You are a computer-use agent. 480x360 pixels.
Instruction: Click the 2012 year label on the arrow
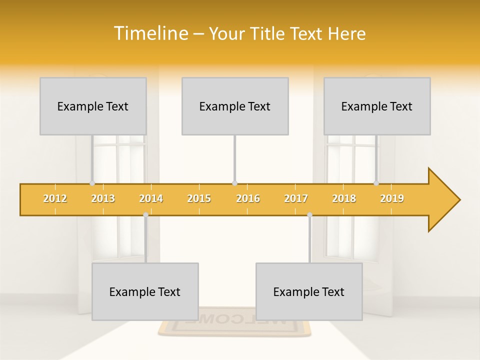pyautogui.click(x=55, y=198)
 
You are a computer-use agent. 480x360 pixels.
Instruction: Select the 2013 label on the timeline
pyautogui.click(x=103, y=198)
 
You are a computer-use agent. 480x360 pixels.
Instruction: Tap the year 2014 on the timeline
pyautogui.click(x=151, y=198)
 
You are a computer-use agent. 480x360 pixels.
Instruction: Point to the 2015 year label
pyautogui.click(x=199, y=198)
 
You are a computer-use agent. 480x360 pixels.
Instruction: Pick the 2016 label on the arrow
pyautogui.click(x=248, y=198)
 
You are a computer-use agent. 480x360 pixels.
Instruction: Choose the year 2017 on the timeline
pyautogui.click(x=296, y=198)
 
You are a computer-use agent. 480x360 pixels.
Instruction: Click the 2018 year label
pyautogui.click(x=344, y=198)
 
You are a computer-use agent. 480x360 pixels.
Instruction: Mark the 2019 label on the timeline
pyautogui.click(x=392, y=198)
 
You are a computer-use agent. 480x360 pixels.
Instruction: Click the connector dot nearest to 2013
pyautogui.click(x=92, y=183)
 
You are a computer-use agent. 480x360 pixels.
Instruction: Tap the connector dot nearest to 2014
pyautogui.click(x=145, y=214)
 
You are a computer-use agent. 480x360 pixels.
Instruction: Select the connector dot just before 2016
pyautogui.click(x=234, y=183)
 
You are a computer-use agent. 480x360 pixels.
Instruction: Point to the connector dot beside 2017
pyautogui.click(x=309, y=214)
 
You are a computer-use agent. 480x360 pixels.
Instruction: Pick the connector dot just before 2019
pyautogui.click(x=376, y=183)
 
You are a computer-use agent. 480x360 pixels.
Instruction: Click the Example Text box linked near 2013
pyautogui.click(x=93, y=106)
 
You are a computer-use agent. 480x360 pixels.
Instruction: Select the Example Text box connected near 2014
pyautogui.click(x=145, y=291)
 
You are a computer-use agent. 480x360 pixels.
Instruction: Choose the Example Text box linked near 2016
pyautogui.click(x=235, y=106)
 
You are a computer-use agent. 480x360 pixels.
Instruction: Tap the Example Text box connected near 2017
pyautogui.click(x=309, y=291)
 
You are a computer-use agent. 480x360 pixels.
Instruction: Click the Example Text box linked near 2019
pyautogui.click(x=377, y=106)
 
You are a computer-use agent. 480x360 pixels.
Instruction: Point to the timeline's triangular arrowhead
pyautogui.click(x=443, y=200)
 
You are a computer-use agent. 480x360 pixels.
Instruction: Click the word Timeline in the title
pyautogui.click(x=150, y=33)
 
